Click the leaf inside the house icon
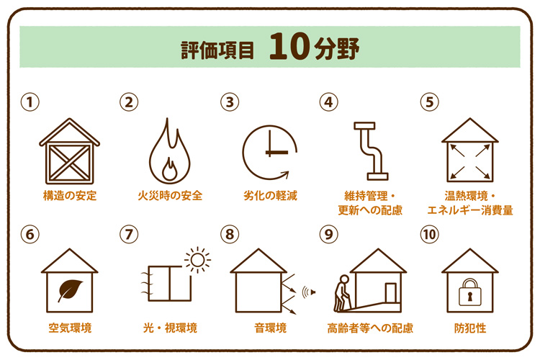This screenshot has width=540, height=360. [x=69, y=289]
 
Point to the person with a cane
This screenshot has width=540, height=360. [x=341, y=294]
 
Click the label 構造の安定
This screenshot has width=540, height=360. [x=69, y=195]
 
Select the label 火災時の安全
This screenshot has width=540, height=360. [x=170, y=195]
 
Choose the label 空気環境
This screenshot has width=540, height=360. [x=69, y=328]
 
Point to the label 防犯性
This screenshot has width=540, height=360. [x=469, y=328]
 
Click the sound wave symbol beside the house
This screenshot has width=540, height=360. [x=308, y=292]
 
